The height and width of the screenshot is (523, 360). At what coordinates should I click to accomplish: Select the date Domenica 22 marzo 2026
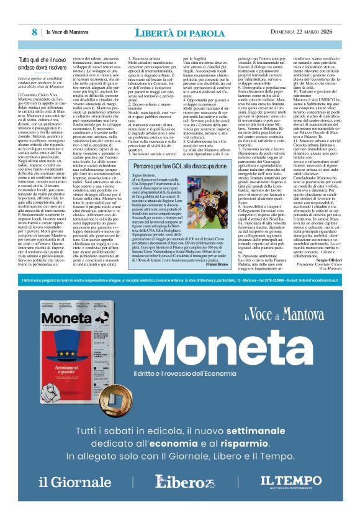(300, 32)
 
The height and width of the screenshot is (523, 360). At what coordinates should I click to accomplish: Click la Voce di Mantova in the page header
(68, 32)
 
